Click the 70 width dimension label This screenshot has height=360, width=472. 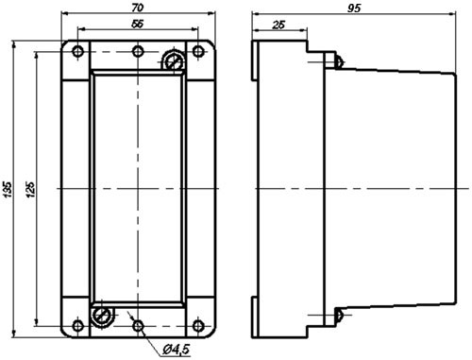[138, 8]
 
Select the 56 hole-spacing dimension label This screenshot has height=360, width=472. [138, 24]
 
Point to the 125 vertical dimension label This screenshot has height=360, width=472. [30, 189]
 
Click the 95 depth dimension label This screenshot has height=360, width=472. [354, 9]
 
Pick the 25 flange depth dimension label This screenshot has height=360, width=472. [278, 25]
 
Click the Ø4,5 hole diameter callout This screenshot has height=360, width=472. [177, 350]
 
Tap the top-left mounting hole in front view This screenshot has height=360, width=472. [77, 51]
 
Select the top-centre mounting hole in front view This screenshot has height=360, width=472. [138, 51]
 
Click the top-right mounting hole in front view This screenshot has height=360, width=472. [197, 51]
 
